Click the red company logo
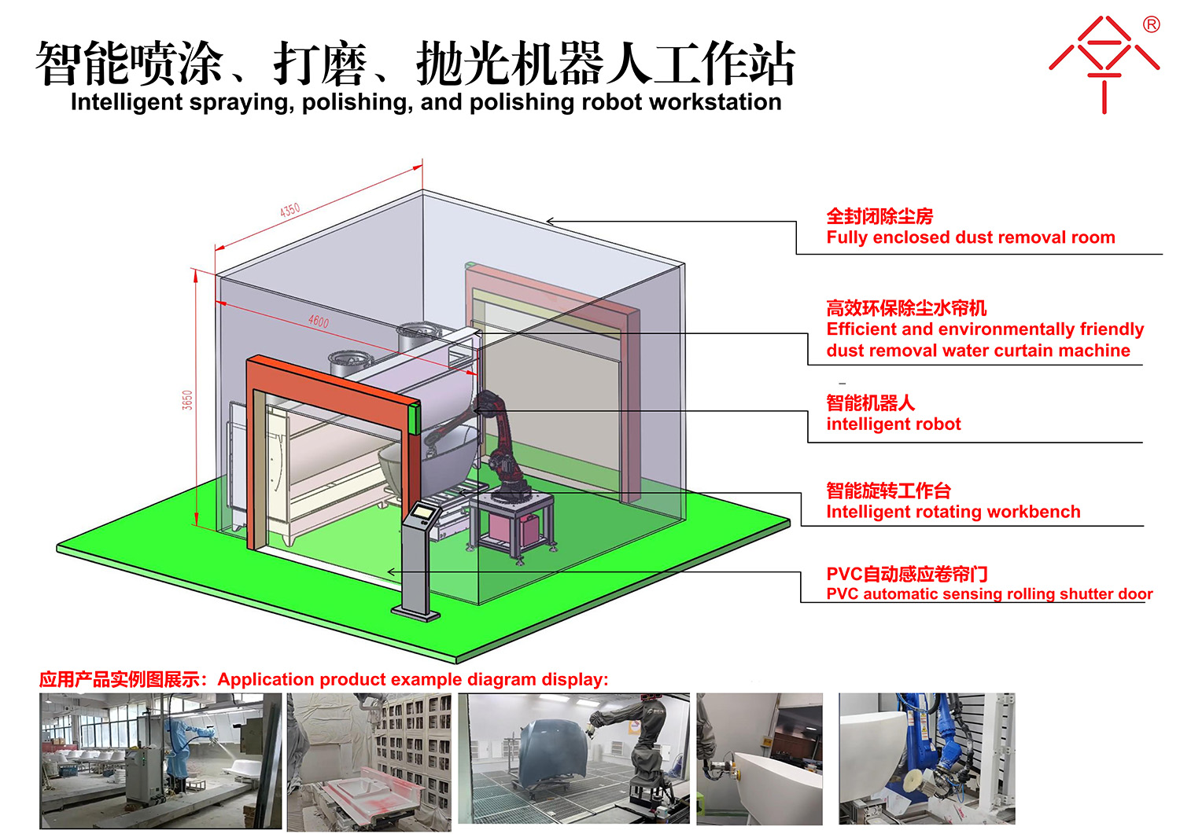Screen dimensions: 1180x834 pyautogui.click(x=1104, y=63)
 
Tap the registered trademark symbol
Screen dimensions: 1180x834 pyautogui.click(x=1151, y=24)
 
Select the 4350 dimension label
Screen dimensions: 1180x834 pyautogui.click(x=289, y=210)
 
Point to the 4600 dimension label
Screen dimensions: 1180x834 pyautogui.click(x=318, y=321)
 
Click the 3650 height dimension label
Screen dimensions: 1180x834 pyautogui.click(x=187, y=400)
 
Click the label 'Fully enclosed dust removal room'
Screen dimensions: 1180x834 pyautogui.click(x=970, y=237)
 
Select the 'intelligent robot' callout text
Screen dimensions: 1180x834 pyautogui.click(x=894, y=424)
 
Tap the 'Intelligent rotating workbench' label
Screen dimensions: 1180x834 pyautogui.click(x=953, y=512)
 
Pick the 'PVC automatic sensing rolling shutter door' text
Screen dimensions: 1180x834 pyautogui.click(x=990, y=594)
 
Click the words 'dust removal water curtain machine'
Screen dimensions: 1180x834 pyautogui.click(x=979, y=351)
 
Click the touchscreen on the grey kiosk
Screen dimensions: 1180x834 pyautogui.click(x=423, y=511)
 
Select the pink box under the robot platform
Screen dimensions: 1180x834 pyautogui.click(x=505, y=527)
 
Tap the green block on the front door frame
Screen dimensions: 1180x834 pyautogui.click(x=415, y=419)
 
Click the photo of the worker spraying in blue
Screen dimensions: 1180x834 pyautogui.click(x=160, y=761)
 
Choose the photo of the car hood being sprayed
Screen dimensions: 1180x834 pyautogui.click(x=573, y=759)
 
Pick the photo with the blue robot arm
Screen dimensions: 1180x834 pyautogui.click(x=927, y=759)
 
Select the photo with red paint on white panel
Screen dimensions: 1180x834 pyautogui.click(x=369, y=762)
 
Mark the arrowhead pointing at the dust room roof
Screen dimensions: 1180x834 pyautogui.click(x=550, y=221)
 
